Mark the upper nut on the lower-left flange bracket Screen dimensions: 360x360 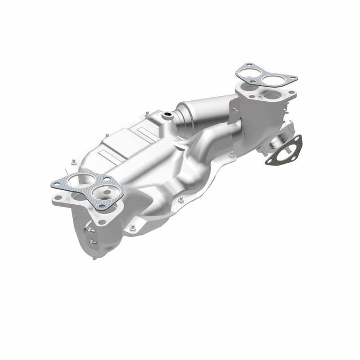click(91, 232)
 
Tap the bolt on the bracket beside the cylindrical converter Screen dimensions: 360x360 click(234, 108)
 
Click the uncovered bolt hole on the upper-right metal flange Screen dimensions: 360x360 click(290, 97)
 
